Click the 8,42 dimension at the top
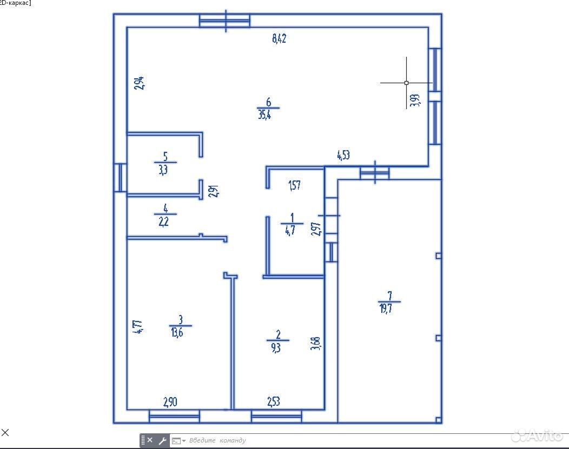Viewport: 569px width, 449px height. coord(279,38)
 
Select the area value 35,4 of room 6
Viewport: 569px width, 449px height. coord(264,115)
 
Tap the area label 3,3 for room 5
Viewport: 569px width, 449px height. coord(163,170)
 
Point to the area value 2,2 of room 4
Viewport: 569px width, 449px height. coord(164,222)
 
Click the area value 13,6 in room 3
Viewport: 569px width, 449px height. coord(177,332)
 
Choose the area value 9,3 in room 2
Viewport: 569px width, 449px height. coord(276,347)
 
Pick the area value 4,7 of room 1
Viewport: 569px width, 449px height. coord(290,230)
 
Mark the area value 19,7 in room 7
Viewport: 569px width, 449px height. coord(386,309)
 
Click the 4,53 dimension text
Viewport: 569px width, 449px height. coord(343,155)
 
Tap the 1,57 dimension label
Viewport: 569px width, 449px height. coord(294,185)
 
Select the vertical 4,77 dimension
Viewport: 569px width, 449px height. coord(138,326)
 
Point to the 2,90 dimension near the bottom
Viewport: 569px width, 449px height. coord(170,402)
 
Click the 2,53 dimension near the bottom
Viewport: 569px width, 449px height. coord(274,401)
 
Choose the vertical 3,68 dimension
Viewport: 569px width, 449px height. coord(315,344)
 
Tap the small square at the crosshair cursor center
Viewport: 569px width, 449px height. coord(406,83)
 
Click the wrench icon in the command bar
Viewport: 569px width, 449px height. coord(162,441)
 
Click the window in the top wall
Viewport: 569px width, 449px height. coord(224,21)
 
